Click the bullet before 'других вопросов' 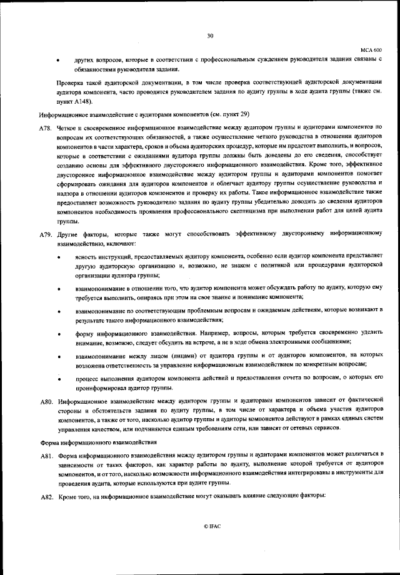[x=59, y=59]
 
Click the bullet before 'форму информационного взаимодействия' [x=59, y=334]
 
